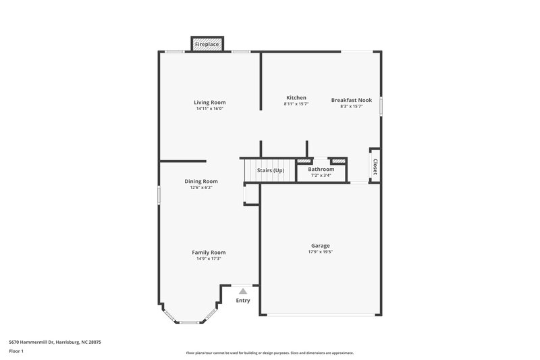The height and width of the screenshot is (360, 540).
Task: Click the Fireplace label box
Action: coord(207,45)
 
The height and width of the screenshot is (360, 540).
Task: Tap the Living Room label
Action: coord(209,102)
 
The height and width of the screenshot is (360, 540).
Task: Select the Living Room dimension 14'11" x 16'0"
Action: coord(209,109)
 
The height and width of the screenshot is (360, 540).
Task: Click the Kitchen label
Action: coord(296,98)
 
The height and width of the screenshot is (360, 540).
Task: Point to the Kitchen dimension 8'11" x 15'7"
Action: coord(296,105)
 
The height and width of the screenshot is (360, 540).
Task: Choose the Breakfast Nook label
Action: coord(351,100)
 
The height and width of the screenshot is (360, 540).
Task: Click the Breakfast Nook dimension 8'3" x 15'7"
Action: coord(351,107)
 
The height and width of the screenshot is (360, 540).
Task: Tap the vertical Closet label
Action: coord(375,166)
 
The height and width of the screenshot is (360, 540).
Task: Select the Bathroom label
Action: coord(321,169)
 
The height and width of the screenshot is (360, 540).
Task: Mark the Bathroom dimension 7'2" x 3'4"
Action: coord(321,175)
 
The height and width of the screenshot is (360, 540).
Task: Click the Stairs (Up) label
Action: coord(271,170)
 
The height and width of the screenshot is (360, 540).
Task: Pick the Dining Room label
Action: coord(201,181)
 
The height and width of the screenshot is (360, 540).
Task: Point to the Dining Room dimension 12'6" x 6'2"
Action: coord(201,188)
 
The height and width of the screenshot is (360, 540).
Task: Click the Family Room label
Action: coord(209,252)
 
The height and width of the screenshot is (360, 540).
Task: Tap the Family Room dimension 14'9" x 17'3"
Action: coord(209,259)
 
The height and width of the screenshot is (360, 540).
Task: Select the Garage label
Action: coord(320,245)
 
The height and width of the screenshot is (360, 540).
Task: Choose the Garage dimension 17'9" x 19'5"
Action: coord(320,252)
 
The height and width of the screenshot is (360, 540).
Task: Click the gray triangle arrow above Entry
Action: coord(243,290)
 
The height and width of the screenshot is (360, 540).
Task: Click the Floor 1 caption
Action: coord(16,352)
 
